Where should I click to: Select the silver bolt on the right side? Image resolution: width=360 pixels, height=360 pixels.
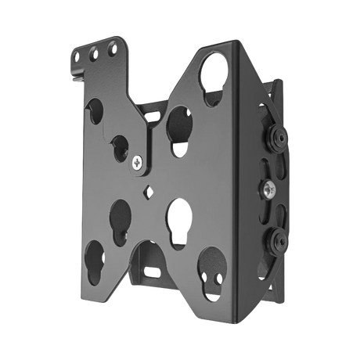268,189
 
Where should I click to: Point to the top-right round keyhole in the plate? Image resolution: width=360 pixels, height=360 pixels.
218,79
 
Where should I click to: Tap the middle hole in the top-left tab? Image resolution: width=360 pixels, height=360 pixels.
96,56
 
